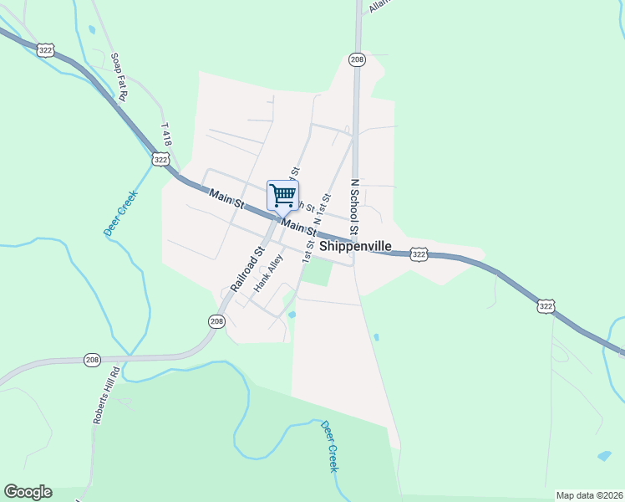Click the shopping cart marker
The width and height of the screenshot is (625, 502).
[282, 196]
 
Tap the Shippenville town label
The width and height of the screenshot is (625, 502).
[356, 247]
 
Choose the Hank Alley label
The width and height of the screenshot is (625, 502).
[269, 273]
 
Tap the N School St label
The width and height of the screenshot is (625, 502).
[354, 206]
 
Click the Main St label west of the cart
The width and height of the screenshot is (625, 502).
[226, 198]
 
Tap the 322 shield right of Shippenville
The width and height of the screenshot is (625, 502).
[419, 254]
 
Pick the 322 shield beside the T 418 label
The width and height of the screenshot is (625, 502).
[161, 158]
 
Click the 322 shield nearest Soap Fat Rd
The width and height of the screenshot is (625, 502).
[46, 50]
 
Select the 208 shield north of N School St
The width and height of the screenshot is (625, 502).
[357, 59]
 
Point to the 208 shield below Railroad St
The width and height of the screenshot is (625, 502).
[216, 320]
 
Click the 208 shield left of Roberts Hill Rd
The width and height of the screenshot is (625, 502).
[92, 360]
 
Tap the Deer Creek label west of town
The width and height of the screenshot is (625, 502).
[120, 214]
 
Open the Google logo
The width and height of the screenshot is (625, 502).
[28, 492]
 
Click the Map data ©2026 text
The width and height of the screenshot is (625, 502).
[590, 495]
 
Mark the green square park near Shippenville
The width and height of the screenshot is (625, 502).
[316, 272]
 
